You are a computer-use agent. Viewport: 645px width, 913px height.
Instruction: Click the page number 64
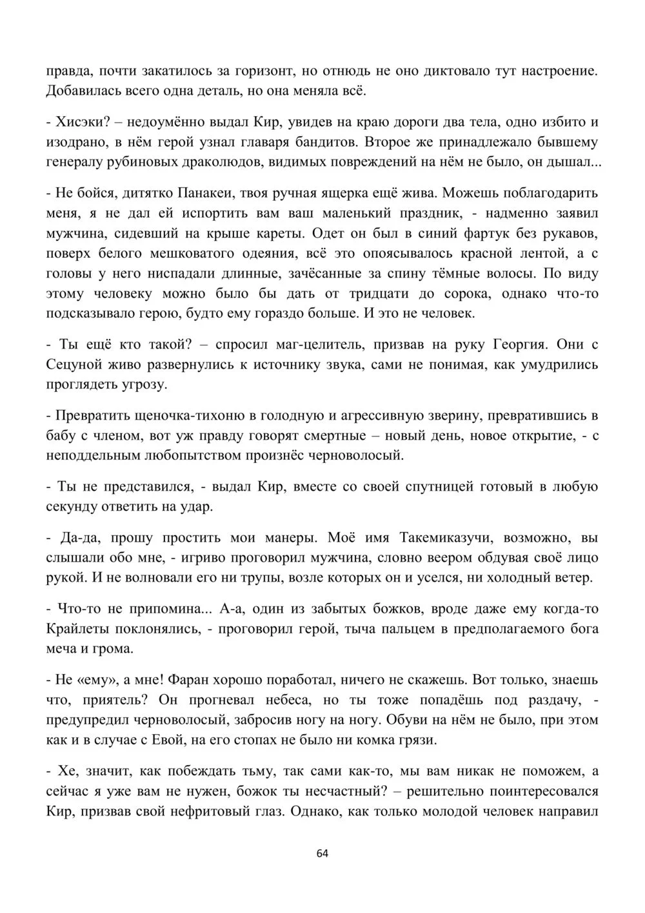tap(322, 853)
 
